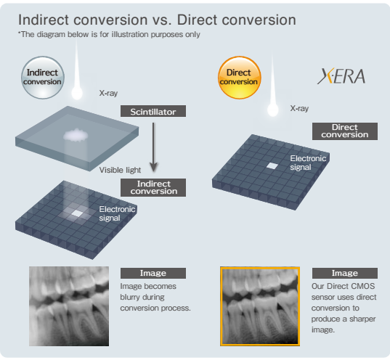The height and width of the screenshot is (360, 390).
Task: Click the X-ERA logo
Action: coord(341,76)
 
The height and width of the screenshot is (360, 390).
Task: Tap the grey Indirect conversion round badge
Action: coord(43,78)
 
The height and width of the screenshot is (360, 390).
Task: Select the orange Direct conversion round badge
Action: coord(239,78)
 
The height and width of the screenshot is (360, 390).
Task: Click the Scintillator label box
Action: coord(153,111)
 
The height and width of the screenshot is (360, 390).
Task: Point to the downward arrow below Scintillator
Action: coord(153,147)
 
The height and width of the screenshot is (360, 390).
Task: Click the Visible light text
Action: coord(120,170)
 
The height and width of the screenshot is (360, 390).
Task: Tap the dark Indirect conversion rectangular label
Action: coord(153,187)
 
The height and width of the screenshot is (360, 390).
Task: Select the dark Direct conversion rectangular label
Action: coord(345,131)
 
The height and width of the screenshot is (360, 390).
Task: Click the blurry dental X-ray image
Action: coord(69,306)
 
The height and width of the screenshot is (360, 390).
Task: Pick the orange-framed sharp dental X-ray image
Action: coord(260,306)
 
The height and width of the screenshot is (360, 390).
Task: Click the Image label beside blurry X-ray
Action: coord(153,273)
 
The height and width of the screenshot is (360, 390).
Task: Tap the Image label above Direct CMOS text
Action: coord(345,273)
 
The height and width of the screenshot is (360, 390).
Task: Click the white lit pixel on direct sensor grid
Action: coord(272,165)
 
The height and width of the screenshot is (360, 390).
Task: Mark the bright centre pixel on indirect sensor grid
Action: coord(77,213)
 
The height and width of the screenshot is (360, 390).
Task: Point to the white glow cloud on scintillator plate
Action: coord(76,135)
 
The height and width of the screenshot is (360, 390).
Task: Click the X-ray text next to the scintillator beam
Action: coord(108,93)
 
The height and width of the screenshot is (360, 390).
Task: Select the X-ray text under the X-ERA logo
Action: coord(299,108)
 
